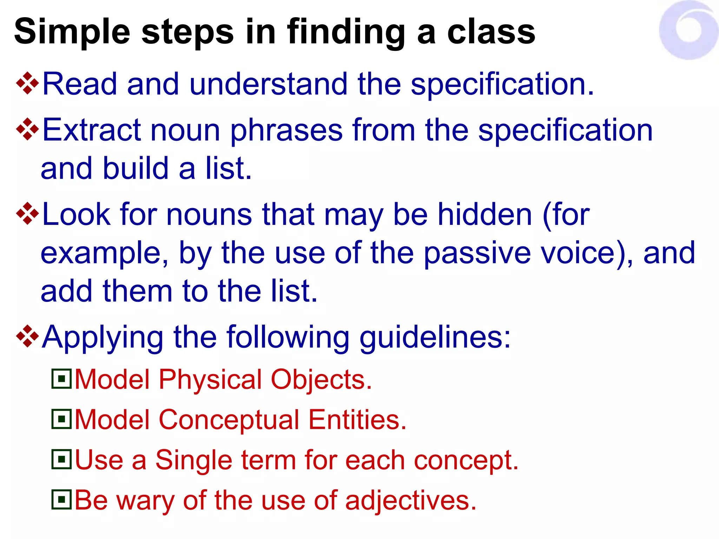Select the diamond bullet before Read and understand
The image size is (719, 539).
[x=27, y=84]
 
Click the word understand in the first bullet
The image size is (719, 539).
[x=269, y=84]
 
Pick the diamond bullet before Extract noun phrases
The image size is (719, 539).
[x=27, y=129]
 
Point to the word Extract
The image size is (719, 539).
[x=91, y=130]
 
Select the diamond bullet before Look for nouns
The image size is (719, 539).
[x=27, y=213]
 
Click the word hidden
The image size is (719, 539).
[x=484, y=214]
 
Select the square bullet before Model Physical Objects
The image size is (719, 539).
[x=62, y=379]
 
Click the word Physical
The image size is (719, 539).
[x=210, y=380]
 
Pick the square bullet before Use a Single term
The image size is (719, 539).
[x=62, y=459]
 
